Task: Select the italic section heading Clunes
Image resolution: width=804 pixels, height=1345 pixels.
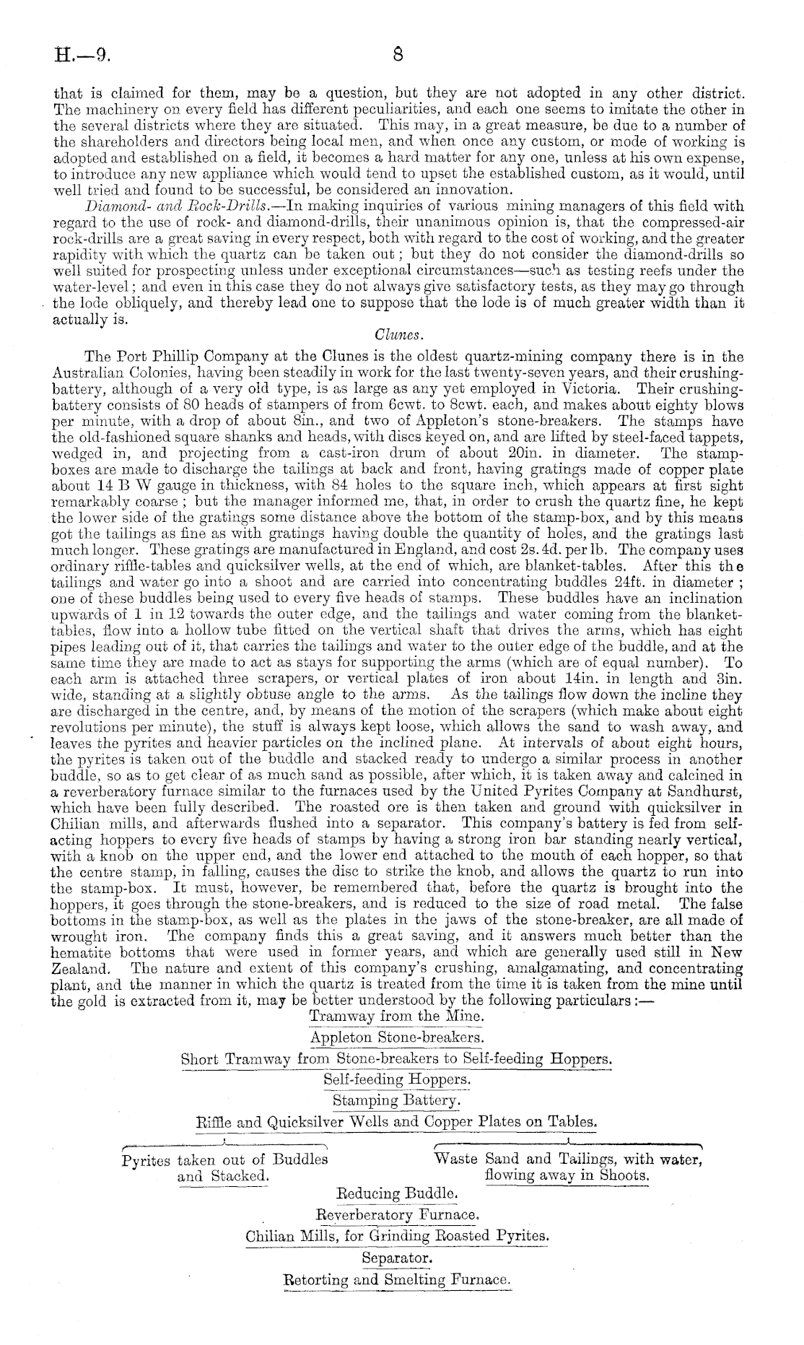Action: [x=394, y=336]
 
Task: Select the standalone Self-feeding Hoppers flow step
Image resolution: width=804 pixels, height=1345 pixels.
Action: [x=397, y=1079]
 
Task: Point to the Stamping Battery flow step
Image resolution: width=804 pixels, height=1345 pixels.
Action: [x=396, y=1100]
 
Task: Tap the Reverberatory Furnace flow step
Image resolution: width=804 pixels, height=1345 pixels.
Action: [x=398, y=1214]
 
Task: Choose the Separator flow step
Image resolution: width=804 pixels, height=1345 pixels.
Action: [x=397, y=1258]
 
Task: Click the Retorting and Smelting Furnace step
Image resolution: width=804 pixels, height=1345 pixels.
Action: [x=398, y=1279]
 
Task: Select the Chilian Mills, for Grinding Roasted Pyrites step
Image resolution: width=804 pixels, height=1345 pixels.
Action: [x=397, y=1236]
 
